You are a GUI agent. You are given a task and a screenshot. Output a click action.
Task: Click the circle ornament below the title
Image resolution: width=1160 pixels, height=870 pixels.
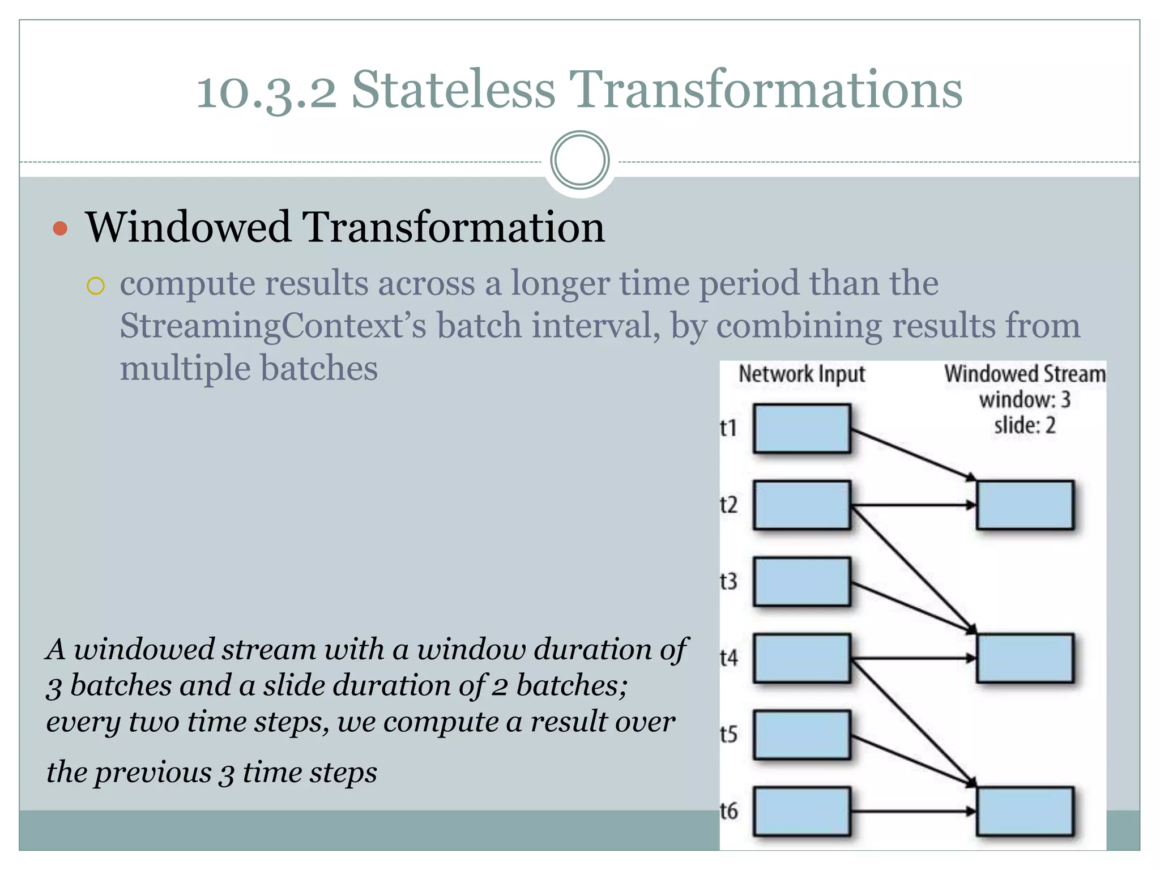coord(579,160)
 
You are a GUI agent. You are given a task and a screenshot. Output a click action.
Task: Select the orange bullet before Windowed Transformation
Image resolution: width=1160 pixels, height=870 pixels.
coord(60,228)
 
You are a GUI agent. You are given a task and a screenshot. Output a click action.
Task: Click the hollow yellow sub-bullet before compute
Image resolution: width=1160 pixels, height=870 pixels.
coord(96,286)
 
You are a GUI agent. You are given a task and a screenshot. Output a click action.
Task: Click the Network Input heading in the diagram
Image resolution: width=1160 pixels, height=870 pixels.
coord(801,374)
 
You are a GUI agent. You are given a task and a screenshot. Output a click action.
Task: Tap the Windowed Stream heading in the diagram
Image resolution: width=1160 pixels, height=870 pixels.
coord(1024,374)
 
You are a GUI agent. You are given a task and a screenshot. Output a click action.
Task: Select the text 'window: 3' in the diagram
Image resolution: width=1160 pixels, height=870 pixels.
coord(1024,400)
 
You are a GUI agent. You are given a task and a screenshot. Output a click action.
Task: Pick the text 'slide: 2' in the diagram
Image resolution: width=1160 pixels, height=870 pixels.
coord(1024,425)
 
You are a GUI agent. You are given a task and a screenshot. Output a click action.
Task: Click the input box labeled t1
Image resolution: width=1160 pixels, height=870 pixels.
coord(801,428)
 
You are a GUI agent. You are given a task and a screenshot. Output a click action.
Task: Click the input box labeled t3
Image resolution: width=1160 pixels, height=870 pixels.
coord(801,582)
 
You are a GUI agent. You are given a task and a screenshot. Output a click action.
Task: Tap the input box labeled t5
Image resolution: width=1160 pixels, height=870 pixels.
coord(801,735)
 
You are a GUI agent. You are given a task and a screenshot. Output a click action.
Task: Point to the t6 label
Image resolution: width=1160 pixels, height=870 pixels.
coord(728,811)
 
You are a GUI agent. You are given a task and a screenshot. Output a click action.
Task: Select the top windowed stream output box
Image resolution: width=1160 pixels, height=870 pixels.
coord(1024,505)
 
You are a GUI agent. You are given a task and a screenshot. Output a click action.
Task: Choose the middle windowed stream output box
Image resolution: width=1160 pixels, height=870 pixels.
coord(1024,658)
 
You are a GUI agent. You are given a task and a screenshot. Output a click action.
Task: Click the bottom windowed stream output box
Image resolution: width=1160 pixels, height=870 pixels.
coord(1024,811)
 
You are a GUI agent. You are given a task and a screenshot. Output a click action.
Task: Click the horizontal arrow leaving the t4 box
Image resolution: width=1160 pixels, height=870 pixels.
coord(912,658)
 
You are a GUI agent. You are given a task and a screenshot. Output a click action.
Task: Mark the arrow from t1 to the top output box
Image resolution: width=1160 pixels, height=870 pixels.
coord(912,455)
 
